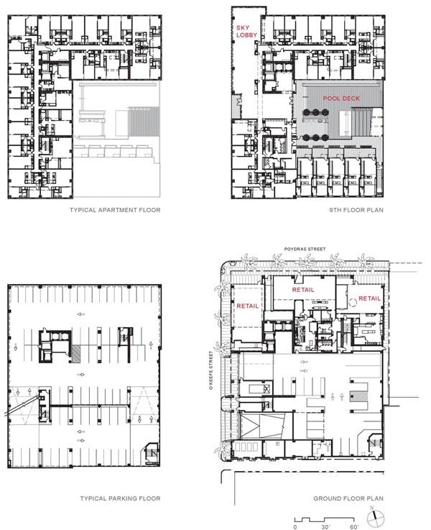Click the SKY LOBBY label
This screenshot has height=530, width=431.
(246, 32)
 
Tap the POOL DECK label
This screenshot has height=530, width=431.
(341, 99)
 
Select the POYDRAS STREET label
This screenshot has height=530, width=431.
(305, 249)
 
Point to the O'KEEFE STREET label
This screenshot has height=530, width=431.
(211, 371)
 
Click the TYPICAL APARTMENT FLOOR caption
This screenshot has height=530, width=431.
(115, 210)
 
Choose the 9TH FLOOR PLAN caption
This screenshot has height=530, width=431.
(356, 210)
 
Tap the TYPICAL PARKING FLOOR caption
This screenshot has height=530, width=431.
(120, 498)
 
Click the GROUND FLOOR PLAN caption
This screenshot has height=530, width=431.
(348, 498)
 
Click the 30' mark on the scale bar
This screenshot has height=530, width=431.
(325, 526)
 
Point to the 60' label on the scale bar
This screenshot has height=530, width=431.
(354, 526)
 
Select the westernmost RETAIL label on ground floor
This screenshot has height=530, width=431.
(247, 306)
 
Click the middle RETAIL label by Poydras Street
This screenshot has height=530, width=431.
(303, 290)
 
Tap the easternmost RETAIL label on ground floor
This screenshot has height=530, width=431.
(369, 298)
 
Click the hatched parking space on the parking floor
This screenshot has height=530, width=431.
(76, 355)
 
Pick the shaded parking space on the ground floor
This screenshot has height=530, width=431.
(358, 396)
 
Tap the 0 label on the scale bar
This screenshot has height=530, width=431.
(296, 526)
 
